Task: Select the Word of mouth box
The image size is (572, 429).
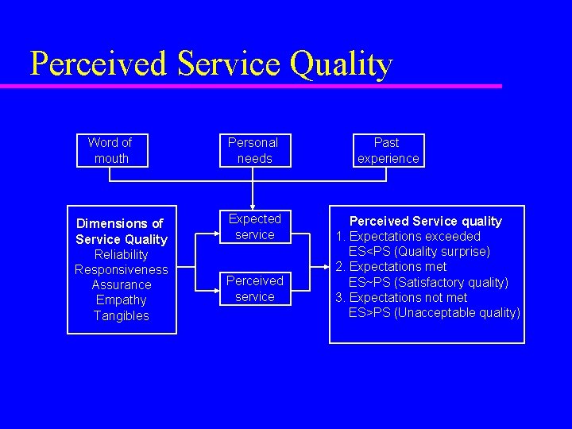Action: pos(110,150)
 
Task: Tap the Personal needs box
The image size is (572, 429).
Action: pos(253,150)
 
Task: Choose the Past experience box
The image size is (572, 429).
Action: pos(388,150)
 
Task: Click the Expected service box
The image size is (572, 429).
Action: pos(255,226)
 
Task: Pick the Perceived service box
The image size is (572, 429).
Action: pos(255,288)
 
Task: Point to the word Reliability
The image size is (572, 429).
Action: pos(122,254)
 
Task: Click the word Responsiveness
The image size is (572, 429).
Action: pos(122,269)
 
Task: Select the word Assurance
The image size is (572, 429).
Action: pos(122,284)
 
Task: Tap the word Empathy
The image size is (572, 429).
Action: pos(122,300)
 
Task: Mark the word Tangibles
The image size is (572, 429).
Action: pos(122,315)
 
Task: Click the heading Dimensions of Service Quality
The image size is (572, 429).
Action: pos(122,231)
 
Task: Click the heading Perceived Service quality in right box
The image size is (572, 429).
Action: pos(426,221)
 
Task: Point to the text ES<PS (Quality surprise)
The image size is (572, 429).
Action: pos(419,251)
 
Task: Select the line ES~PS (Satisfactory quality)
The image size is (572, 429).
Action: pos(428,282)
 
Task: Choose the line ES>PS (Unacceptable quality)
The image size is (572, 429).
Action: pos(434,312)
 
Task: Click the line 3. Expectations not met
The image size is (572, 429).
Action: pos(401,297)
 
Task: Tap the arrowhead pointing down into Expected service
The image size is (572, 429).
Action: pos(253,206)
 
